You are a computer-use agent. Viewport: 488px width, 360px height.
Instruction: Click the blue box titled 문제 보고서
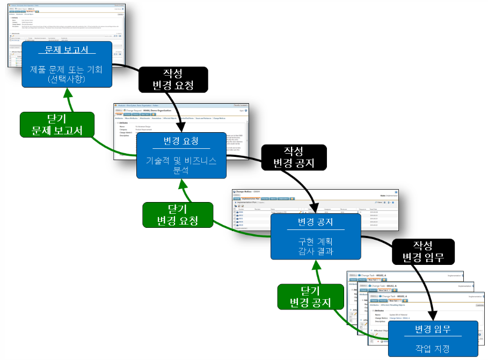[67, 64]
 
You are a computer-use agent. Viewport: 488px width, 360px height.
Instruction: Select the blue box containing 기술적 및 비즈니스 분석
[181, 156]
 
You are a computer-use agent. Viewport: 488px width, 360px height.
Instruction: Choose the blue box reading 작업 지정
[433, 337]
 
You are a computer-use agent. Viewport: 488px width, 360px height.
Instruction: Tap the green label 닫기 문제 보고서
[56, 125]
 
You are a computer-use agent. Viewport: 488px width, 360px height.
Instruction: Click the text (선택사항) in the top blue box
[67, 78]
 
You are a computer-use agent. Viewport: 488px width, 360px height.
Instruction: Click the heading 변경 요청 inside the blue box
[181, 141]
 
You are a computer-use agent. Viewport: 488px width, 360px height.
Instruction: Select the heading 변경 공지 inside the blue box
[315, 222]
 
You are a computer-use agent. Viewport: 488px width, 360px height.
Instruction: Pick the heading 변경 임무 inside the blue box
[433, 328]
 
